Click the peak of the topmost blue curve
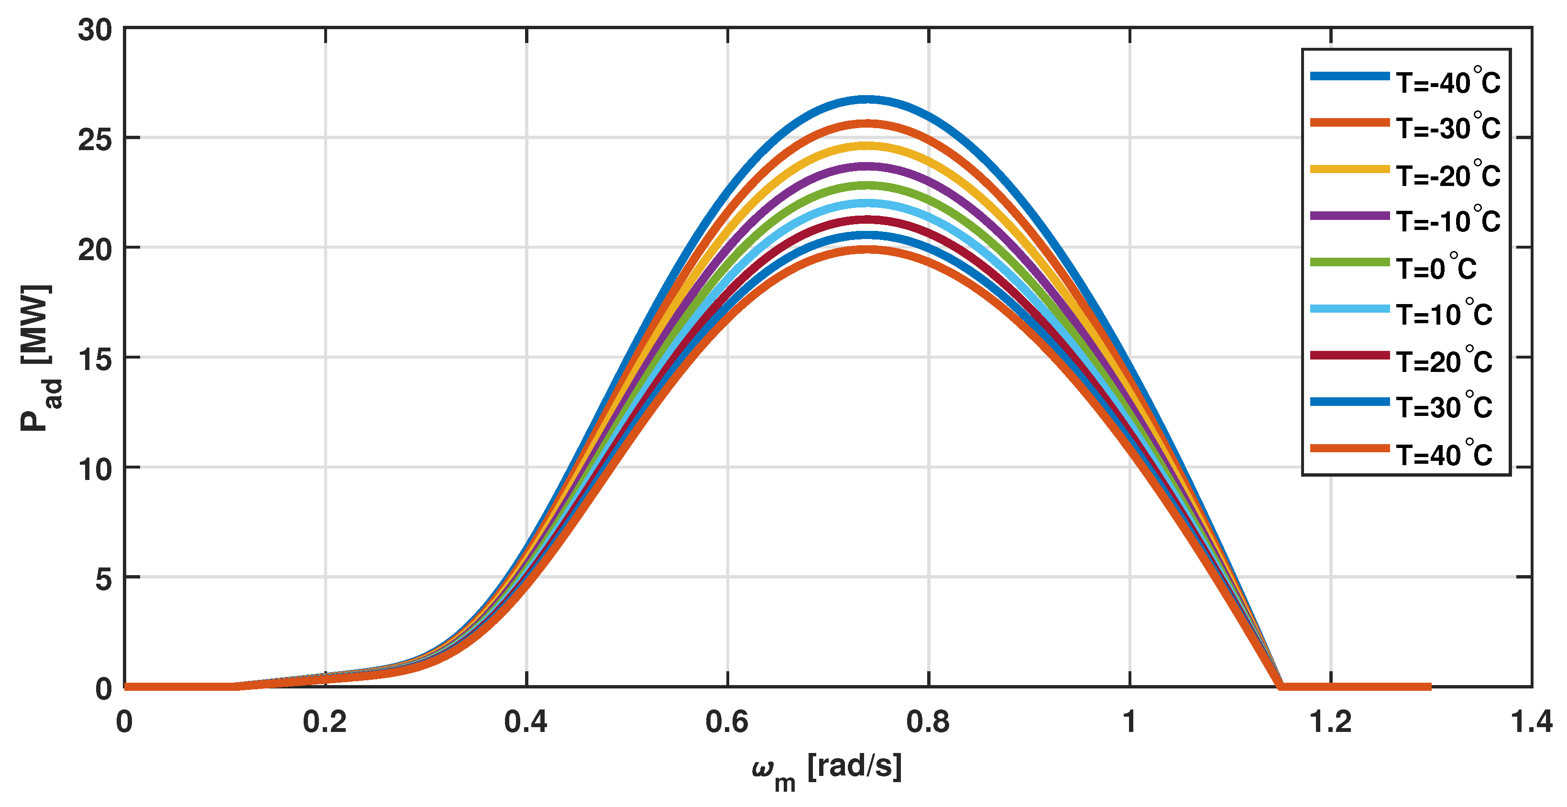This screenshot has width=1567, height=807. (x=867, y=99)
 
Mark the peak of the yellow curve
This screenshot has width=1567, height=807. (x=867, y=146)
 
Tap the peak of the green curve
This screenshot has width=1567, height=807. (x=867, y=185)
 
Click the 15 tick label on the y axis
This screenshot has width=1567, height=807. (x=96, y=360)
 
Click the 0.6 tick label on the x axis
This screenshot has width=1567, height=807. (x=727, y=722)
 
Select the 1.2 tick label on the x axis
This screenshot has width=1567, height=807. (x=1330, y=722)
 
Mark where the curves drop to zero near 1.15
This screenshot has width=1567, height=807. (x=1281, y=687)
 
